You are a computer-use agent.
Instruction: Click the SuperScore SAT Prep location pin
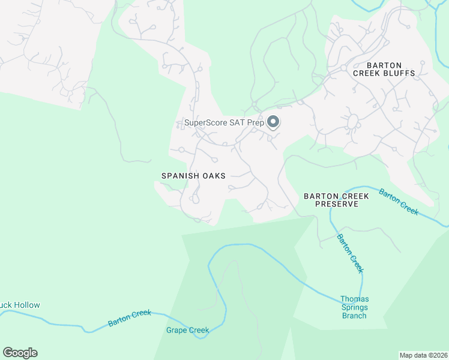273,122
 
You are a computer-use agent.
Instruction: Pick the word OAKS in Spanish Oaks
214,176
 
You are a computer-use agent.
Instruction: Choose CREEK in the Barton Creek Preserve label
357,196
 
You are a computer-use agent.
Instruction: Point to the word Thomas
354,299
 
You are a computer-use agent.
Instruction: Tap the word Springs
354,307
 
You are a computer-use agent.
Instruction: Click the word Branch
354,316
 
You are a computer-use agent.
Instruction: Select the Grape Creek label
187,330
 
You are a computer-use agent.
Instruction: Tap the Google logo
20,353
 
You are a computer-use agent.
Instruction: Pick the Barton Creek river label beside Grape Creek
130,318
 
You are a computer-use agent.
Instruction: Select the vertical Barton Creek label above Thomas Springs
349,253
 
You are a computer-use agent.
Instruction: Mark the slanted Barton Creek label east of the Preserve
398,201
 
